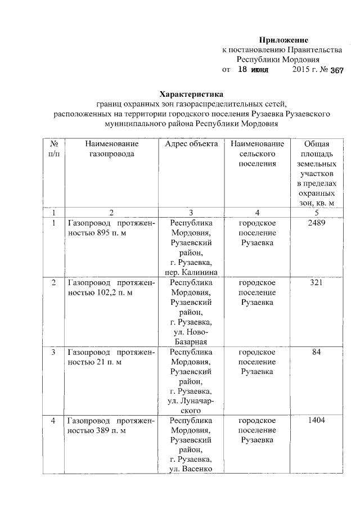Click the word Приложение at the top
[x=284, y=40]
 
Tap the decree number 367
[x=337, y=71]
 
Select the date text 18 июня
[x=253, y=70]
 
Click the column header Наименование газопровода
[x=111, y=149]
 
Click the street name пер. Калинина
[x=191, y=273]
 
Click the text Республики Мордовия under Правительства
[x=278, y=60]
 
